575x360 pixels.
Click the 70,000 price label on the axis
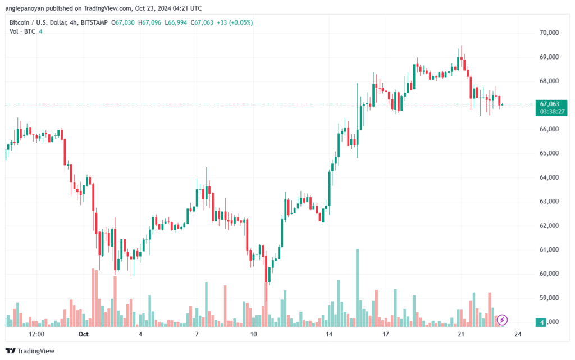coord(549,33)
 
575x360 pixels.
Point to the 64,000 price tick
coord(549,177)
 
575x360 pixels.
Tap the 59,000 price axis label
coord(549,298)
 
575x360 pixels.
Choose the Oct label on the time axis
coord(84,334)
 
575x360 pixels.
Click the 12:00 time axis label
coord(36,334)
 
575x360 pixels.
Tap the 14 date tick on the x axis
coord(328,334)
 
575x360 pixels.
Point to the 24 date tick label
coord(518,334)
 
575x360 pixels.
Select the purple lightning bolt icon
coord(503,320)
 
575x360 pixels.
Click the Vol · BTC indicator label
coord(23,31)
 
